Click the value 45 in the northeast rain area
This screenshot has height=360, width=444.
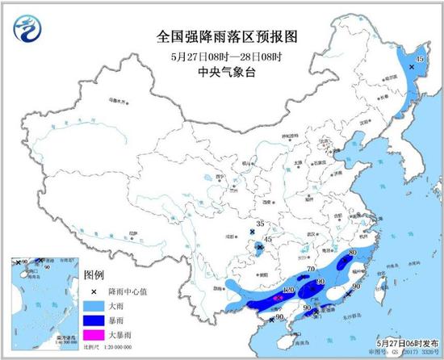(x=419, y=59)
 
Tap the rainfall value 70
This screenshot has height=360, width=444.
(x=311, y=270)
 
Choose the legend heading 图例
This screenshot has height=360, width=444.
(x=95, y=275)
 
